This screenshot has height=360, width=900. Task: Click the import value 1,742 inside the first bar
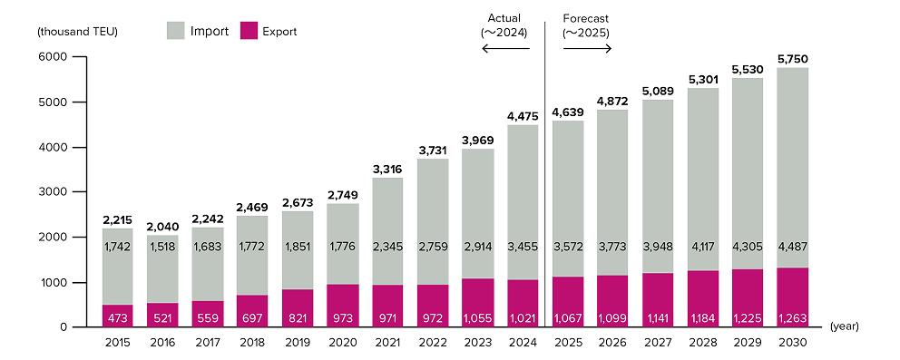(117, 247)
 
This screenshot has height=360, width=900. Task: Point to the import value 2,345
(387, 247)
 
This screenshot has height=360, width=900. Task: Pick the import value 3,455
(523, 247)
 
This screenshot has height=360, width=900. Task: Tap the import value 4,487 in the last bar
(792, 247)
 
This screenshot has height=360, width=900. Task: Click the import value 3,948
(658, 247)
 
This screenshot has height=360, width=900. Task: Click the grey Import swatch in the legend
(175, 32)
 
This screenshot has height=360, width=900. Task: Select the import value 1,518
(162, 247)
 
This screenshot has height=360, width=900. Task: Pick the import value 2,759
(433, 247)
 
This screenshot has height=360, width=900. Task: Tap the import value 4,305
(748, 247)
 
